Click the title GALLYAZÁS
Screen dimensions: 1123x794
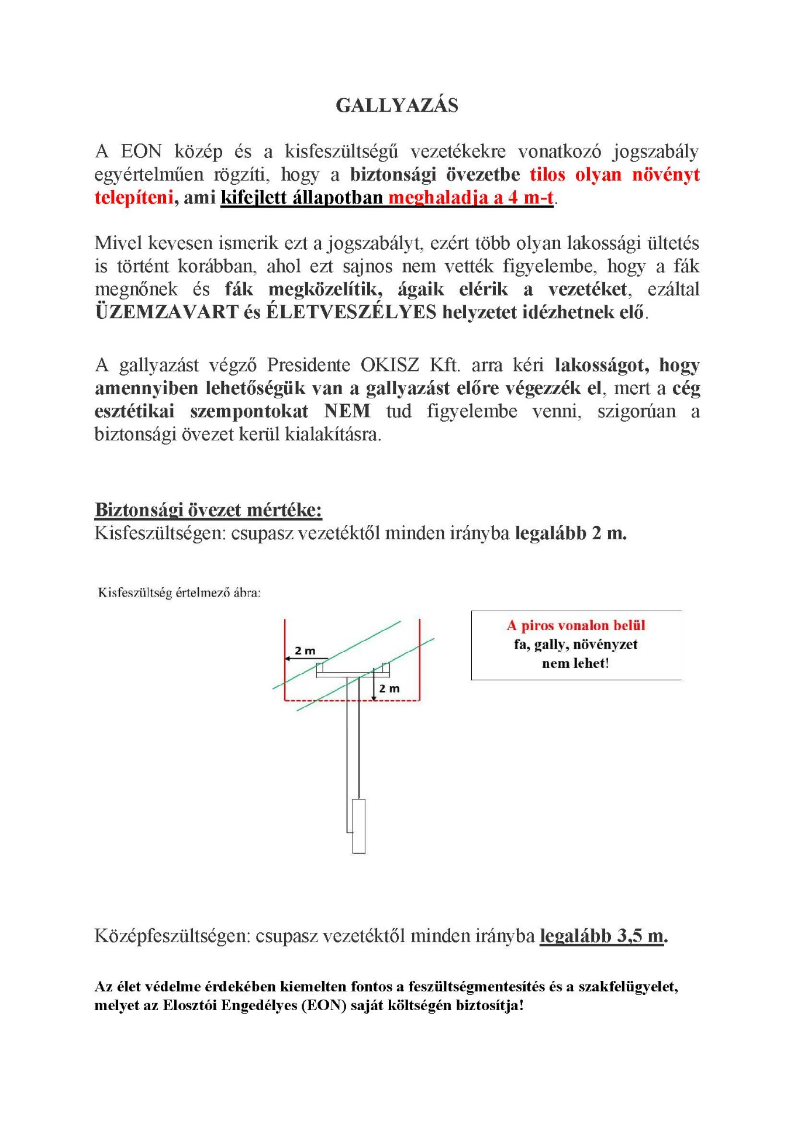pos(397,105)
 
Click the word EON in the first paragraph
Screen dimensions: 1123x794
pos(141,151)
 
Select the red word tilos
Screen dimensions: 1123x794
pos(548,174)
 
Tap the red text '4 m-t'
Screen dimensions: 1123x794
pos(531,197)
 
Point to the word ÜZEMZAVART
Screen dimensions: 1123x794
pos(167,312)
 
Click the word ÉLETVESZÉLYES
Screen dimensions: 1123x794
pos(351,312)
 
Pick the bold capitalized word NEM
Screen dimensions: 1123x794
pos(347,411)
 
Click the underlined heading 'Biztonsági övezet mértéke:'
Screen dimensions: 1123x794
pos(208,509)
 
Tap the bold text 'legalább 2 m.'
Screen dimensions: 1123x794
pos(571,533)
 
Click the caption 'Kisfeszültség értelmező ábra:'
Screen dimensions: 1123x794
pos(179,592)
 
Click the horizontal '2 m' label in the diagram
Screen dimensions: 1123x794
pos(305,650)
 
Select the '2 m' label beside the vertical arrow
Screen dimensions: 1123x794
pos(389,688)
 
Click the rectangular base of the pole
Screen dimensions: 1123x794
pos(359,826)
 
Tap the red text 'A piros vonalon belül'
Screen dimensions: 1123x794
pos(576,625)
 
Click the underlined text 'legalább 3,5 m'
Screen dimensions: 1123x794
pos(602,936)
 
